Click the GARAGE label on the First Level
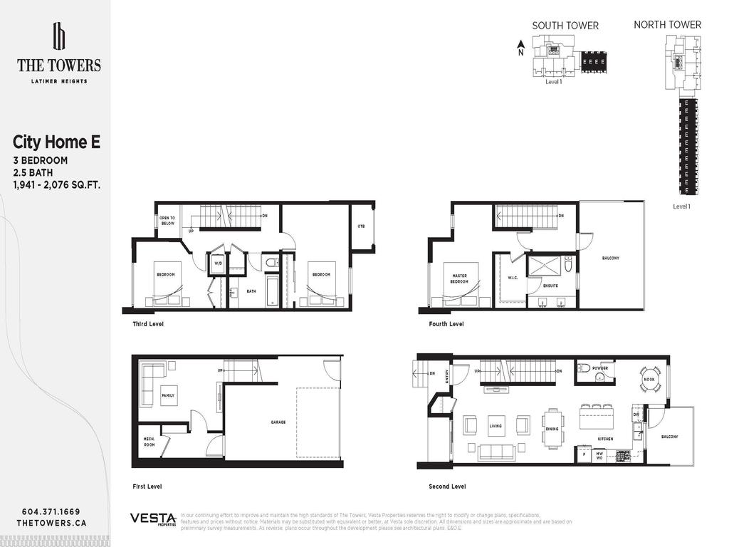pos(278,422)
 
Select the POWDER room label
pos(599,368)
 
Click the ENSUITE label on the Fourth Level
pos(550,286)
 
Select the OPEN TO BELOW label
pos(167,220)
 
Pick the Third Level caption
pos(148,323)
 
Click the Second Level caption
pos(449,486)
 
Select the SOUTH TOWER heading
pos(565,26)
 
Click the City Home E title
pos(56,142)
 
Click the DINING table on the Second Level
pos(552,428)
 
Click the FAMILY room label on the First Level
pos(169,395)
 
